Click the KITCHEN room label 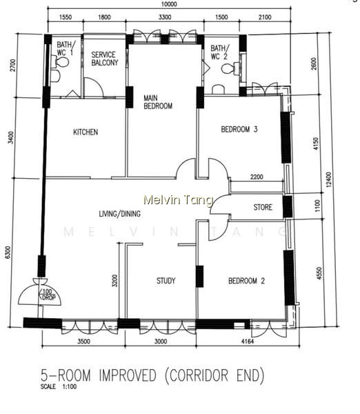86,132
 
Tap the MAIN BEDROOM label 158,102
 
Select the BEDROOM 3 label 239,130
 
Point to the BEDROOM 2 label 246,281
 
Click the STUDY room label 166,280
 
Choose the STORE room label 263,207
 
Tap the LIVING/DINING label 119,214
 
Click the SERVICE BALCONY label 105,59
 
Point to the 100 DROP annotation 48,295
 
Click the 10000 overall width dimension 169,4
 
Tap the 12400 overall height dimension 328,179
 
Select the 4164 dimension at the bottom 248,342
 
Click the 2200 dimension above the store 257,177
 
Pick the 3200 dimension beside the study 114,281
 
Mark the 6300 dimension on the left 8,253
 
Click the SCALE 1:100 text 59,386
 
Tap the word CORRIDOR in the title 199,375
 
